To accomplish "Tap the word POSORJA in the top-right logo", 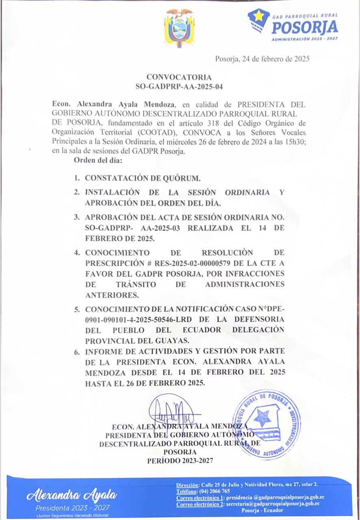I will coord(305,28).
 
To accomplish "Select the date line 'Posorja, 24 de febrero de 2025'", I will coord(262,59).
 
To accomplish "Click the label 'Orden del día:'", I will coord(98,160).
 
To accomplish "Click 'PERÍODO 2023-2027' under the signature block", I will coord(180,460).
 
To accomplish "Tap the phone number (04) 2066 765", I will coord(215,491).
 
